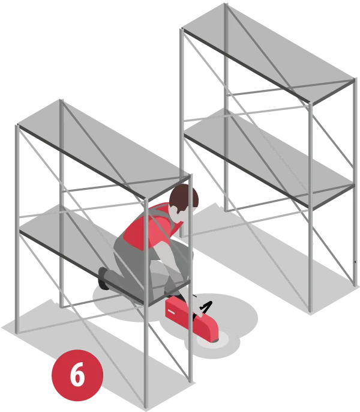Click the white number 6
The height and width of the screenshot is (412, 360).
tap(77, 374)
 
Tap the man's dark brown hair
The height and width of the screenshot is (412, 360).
tap(183, 196)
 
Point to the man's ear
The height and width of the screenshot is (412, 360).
tap(174, 210)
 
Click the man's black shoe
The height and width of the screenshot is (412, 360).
tap(103, 278)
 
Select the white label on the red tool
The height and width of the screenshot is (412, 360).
tap(171, 312)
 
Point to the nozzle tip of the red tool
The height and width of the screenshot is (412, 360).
tap(215, 341)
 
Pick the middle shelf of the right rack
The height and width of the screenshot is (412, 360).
tap(268, 157)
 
